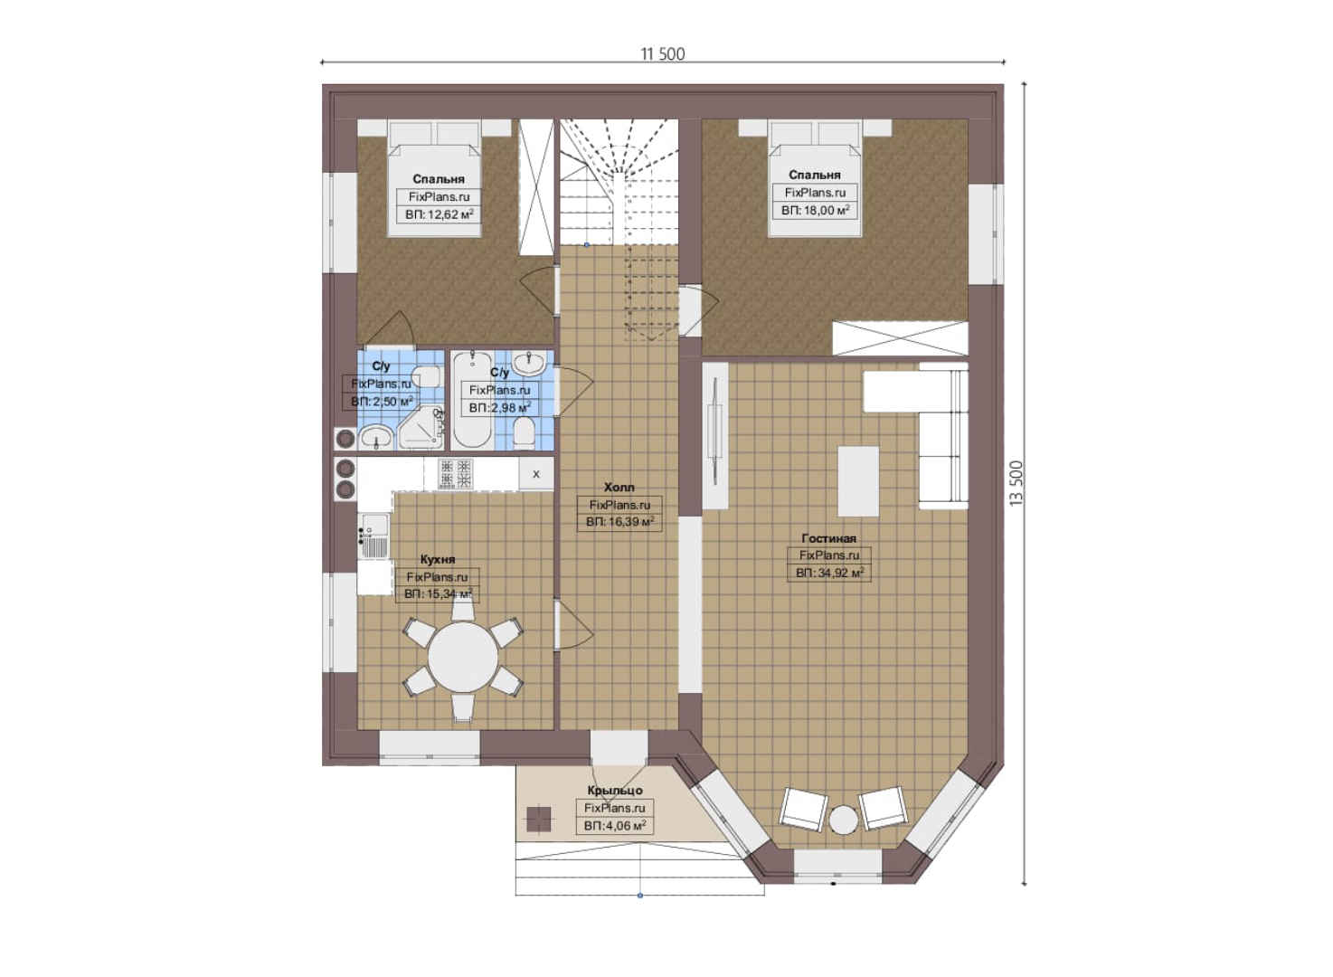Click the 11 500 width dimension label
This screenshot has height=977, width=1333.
tap(662, 54)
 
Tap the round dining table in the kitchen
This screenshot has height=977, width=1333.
tap(463, 658)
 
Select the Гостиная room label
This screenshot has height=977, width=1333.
tap(828, 538)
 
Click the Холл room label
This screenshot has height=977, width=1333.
tap(619, 487)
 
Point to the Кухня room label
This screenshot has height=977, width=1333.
tap(438, 560)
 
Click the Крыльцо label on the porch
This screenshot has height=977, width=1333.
tap(615, 791)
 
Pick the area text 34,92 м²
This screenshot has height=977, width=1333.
tap(837, 574)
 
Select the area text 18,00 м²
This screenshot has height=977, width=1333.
tap(822, 210)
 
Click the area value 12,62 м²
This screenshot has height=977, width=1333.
tap(446, 214)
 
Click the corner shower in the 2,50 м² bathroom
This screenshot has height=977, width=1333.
tap(421, 428)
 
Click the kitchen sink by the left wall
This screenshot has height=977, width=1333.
tap(373, 536)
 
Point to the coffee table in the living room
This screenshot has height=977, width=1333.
tap(858, 481)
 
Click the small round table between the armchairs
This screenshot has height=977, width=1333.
tap(843, 820)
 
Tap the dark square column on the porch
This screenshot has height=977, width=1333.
tap(539, 819)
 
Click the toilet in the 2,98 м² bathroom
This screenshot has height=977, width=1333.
tap(524, 431)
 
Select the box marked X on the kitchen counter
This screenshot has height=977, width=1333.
tap(536, 474)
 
